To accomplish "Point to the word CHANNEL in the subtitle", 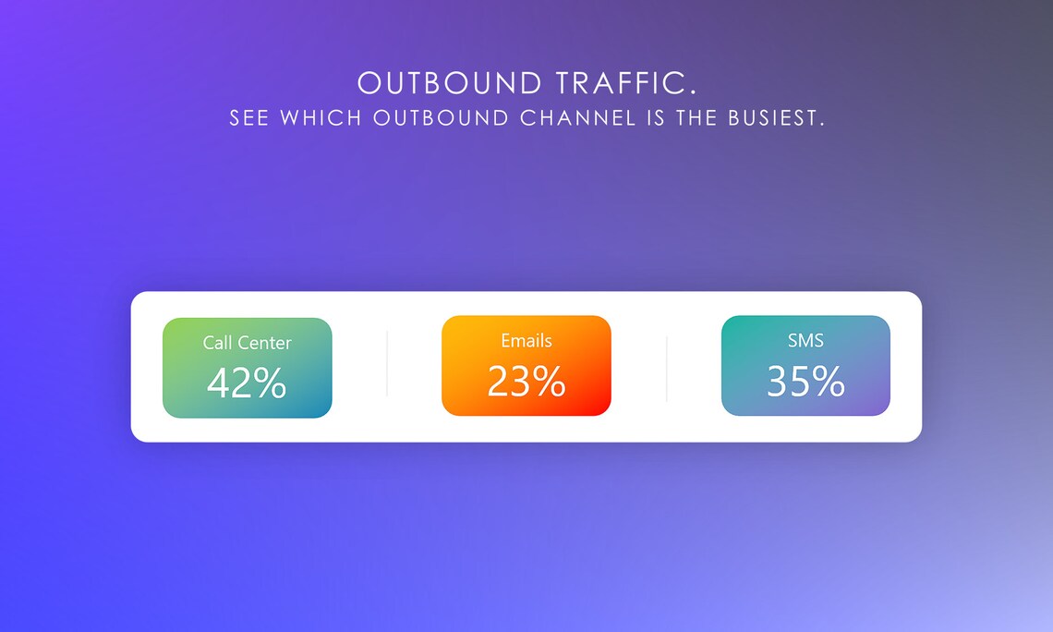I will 578,118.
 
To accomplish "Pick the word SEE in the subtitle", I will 249,118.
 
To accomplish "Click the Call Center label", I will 247,343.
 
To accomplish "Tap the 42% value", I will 247,383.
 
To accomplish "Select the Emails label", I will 526,340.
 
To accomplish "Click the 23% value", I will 526,381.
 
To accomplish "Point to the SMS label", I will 805,340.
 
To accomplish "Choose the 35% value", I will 805,381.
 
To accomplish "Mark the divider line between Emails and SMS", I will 666,368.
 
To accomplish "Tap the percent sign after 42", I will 269,383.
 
